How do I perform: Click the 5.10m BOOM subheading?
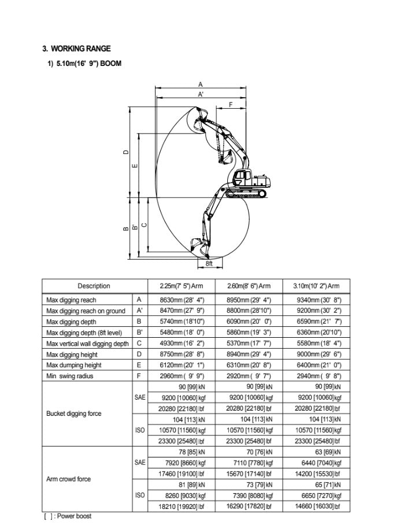click(84, 63)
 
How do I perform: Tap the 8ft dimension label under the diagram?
click(209, 263)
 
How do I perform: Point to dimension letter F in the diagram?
click(231, 105)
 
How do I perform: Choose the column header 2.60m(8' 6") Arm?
click(249, 286)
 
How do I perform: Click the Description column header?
click(94, 286)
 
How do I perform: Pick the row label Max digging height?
click(73, 355)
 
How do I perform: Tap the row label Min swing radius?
click(69, 376)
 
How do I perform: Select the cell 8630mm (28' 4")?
click(182, 300)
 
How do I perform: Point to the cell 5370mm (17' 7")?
click(249, 344)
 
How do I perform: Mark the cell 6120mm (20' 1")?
click(182, 365)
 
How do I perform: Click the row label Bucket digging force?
click(73, 414)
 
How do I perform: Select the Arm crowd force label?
click(68, 479)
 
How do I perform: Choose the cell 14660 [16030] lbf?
click(319, 507)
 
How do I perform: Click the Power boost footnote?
click(68, 516)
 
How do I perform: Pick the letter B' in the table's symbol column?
click(139, 333)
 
